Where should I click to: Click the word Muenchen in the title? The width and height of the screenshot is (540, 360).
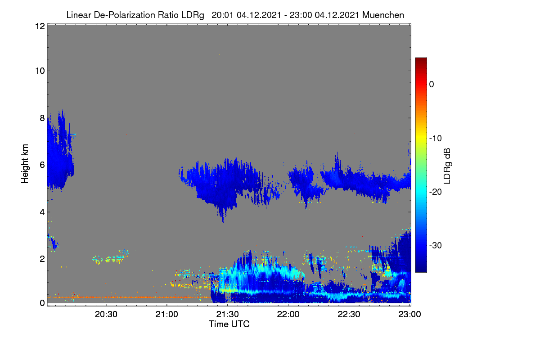(x=383, y=15)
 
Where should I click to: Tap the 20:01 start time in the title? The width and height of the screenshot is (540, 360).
(x=222, y=15)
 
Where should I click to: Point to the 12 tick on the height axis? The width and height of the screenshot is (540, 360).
(x=40, y=26)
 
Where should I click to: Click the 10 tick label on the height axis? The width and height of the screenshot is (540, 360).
(x=40, y=71)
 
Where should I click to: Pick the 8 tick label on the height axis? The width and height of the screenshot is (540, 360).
(x=42, y=118)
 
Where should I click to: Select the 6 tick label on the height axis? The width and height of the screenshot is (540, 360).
(x=42, y=165)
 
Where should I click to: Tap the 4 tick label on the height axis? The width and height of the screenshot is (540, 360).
(x=42, y=212)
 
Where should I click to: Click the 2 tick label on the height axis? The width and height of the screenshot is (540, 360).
(x=42, y=259)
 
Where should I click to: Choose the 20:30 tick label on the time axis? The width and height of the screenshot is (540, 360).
(x=106, y=314)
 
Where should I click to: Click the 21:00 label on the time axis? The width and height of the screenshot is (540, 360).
(x=166, y=314)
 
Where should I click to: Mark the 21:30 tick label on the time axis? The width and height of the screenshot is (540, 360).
(x=227, y=314)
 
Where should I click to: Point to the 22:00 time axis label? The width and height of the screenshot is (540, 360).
(x=288, y=314)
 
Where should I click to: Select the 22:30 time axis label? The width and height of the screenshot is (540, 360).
(x=349, y=314)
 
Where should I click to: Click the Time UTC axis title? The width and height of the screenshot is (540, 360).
(x=229, y=324)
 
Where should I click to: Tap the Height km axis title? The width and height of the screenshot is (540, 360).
(x=25, y=164)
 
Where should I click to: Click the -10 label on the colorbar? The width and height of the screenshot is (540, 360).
(x=436, y=139)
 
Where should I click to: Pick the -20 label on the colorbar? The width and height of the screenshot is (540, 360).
(x=436, y=192)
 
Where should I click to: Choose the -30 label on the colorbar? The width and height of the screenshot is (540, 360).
(x=436, y=245)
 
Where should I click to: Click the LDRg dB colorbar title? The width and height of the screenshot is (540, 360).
(x=447, y=166)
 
